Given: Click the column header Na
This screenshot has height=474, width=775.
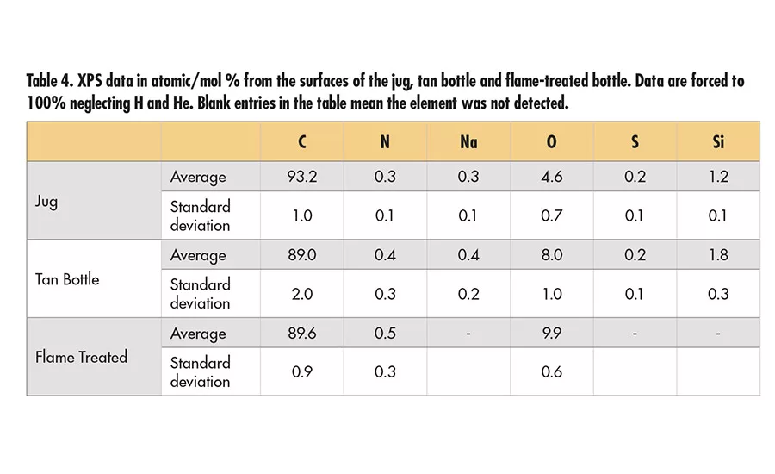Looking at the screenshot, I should pyautogui.click(x=468, y=142).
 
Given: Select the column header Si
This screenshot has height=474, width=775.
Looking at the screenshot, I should pyautogui.click(x=717, y=142).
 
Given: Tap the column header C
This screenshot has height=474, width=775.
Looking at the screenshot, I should pyautogui.click(x=301, y=142).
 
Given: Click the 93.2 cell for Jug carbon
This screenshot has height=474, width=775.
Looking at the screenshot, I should pyautogui.click(x=301, y=177).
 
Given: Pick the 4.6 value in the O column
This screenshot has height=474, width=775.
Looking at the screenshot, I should pyautogui.click(x=551, y=177).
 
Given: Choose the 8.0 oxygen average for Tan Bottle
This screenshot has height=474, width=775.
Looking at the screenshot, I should pyautogui.click(x=551, y=255).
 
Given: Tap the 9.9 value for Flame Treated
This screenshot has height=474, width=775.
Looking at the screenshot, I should pyautogui.click(x=551, y=334).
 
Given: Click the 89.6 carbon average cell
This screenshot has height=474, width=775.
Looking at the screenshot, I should pyautogui.click(x=301, y=334).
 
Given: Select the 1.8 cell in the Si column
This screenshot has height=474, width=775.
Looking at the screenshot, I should pyautogui.click(x=717, y=255).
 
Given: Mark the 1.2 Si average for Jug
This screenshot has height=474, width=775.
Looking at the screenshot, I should pyautogui.click(x=717, y=177).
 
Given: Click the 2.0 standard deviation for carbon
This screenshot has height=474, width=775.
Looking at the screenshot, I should pyautogui.click(x=301, y=294).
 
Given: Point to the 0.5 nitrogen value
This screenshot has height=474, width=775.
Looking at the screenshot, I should pyautogui.click(x=385, y=334).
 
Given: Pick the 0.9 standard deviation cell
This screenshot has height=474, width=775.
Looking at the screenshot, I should pyautogui.click(x=301, y=372).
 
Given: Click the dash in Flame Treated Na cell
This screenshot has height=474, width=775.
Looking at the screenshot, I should pyautogui.click(x=468, y=334).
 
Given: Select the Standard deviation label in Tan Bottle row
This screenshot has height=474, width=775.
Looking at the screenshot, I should pyautogui.click(x=200, y=294).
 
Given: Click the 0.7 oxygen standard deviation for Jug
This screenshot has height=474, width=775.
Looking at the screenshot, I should pyautogui.click(x=551, y=215).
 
